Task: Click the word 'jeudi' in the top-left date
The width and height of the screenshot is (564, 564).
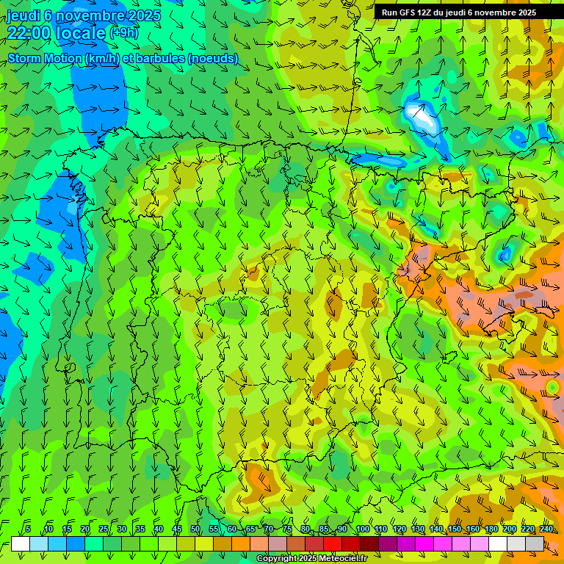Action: coord(23,16)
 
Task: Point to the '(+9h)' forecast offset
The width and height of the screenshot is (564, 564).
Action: coord(123,33)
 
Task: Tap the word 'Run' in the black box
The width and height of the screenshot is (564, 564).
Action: coord(388,12)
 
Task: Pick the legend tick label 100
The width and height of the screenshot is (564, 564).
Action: coord(362,529)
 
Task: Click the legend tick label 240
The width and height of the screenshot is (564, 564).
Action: coord(546,529)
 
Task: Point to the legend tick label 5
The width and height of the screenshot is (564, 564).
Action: coord(28,529)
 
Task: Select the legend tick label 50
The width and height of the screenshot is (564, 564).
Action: coord(195,529)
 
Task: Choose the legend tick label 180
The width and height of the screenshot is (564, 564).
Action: coord(491,529)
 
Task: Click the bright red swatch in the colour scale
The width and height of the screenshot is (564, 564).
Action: coord(333,543)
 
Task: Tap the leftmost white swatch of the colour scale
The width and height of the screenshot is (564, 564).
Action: coord(21,543)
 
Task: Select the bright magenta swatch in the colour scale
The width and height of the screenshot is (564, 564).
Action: coord(424,543)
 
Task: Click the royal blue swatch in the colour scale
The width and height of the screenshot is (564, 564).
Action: coord(76,543)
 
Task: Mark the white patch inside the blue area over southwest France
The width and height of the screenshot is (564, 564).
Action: coord(420,115)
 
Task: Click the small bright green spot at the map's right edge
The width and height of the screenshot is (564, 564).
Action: coord(552,386)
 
